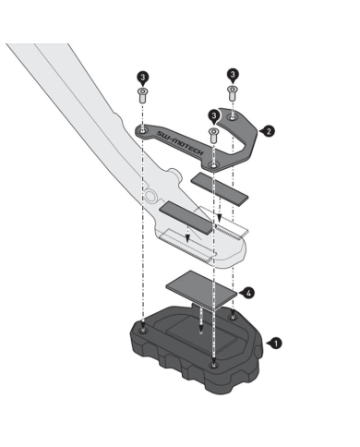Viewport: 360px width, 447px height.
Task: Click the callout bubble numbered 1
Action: coord(275,344)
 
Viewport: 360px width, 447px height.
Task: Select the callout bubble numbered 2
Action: coord(268,131)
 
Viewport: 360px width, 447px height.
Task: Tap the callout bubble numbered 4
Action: coord(247,293)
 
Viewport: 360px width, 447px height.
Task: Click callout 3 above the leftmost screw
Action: coord(142,78)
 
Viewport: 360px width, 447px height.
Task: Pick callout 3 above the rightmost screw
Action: coord(233,75)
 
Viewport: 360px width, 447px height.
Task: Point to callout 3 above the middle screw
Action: coord(213,116)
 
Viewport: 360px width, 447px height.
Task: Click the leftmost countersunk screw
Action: coord(142,95)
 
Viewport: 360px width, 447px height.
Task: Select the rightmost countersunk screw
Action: coord(233,93)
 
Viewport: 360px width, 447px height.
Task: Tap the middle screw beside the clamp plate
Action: coord(213,136)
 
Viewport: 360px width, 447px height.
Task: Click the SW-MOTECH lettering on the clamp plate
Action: coord(180,143)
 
